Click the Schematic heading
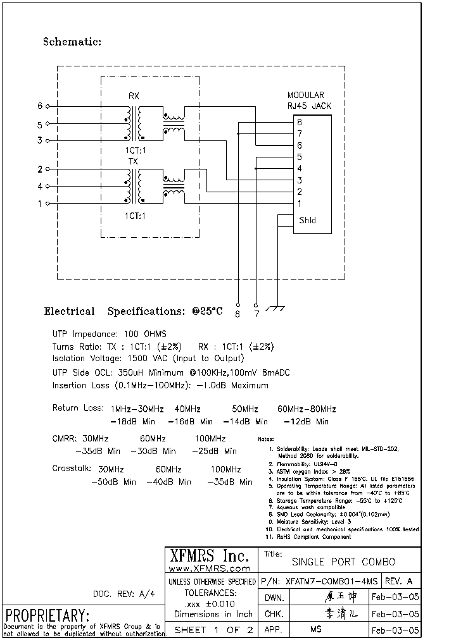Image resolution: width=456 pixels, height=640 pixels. tap(72, 42)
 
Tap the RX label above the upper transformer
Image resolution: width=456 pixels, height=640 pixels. tap(134, 96)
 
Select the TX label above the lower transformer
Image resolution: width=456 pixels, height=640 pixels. tap(134, 161)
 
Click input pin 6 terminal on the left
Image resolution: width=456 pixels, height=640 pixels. tap(47, 106)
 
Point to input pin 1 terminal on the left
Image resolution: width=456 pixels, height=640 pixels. tap(47, 204)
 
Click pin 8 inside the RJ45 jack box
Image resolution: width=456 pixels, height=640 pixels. tap(300, 122)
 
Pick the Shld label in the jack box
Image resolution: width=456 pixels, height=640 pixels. tap(307, 220)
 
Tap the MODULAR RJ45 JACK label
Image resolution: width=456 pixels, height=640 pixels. tap(310, 101)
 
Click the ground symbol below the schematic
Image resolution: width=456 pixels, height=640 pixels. tap(275, 308)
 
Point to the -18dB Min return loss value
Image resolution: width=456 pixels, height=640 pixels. tap(132, 421)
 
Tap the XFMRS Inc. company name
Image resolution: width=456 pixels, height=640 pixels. tap(208, 556)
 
